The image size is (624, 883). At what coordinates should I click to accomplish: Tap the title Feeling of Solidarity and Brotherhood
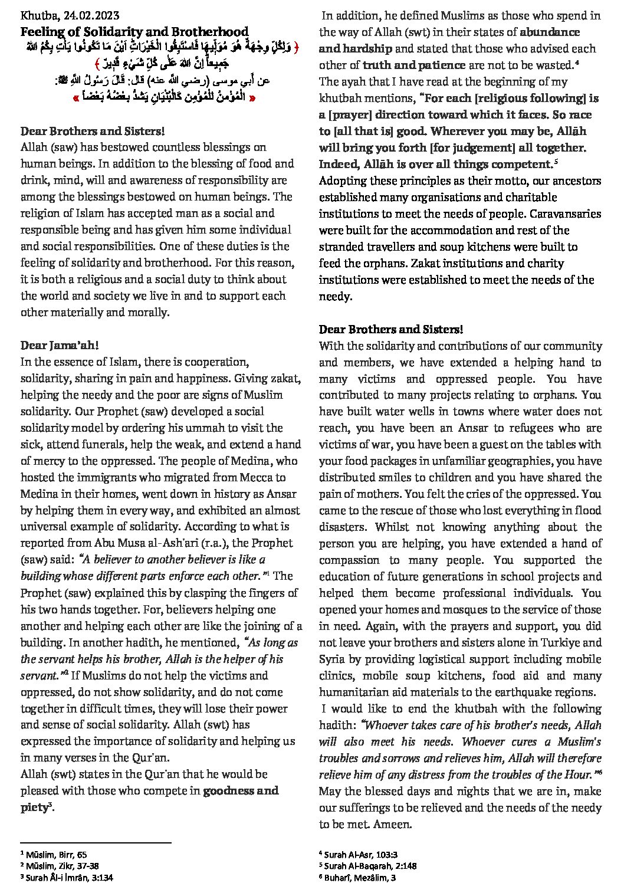pyautogui.click(x=134, y=32)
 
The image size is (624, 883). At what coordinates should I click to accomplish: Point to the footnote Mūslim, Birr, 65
pyautogui.click(x=57, y=854)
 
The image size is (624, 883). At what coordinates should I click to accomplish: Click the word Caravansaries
pyautogui.click(x=565, y=214)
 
